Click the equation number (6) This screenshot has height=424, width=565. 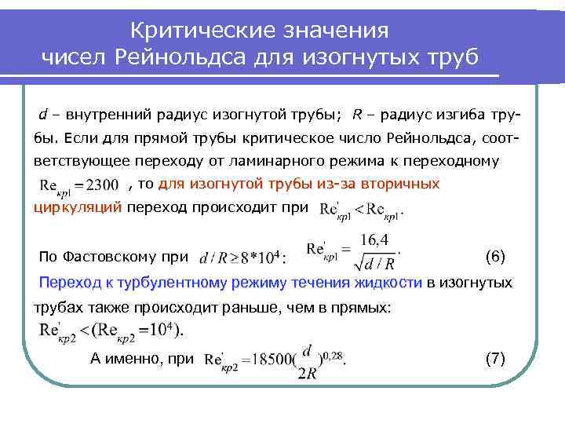click(495, 256)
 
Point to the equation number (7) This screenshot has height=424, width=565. click(495, 359)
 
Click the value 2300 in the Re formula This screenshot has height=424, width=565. click(102, 185)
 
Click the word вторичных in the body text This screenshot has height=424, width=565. click(405, 184)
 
